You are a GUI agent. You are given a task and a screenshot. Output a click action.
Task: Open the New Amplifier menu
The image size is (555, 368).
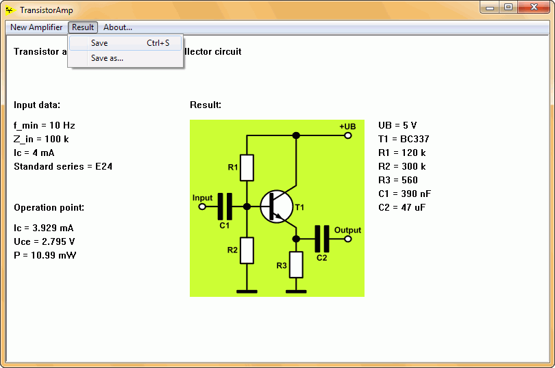[x=36, y=27]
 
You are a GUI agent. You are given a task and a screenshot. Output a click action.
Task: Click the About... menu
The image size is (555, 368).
[x=118, y=27]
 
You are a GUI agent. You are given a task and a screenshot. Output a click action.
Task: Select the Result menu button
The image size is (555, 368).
[x=83, y=27]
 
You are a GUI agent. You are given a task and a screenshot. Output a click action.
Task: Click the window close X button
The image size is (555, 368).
[x=534, y=7]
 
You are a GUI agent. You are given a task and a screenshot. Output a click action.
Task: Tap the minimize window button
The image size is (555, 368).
[x=490, y=7]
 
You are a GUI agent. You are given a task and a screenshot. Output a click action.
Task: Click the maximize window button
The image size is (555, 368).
[x=508, y=7]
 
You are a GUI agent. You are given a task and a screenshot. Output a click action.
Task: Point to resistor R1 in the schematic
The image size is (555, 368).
[x=247, y=168]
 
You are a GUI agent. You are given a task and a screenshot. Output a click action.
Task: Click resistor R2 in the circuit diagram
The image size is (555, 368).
[x=247, y=250]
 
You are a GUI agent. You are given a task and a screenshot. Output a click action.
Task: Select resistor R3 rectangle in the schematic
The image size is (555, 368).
[x=296, y=265]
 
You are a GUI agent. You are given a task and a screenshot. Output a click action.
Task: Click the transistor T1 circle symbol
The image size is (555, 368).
[x=276, y=207]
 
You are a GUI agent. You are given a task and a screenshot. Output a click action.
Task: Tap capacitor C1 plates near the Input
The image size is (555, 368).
[x=225, y=207]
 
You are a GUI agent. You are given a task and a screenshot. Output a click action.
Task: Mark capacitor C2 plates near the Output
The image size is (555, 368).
[x=322, y=239]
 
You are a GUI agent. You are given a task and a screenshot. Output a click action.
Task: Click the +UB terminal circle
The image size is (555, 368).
[x=348, y=135]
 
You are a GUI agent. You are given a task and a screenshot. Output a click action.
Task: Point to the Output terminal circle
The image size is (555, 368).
[x=348, y=239]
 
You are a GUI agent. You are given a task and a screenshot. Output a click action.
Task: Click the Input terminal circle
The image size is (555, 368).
[x=202, y=207]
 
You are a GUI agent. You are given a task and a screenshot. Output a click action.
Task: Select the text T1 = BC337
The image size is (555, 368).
[x=404, y=139]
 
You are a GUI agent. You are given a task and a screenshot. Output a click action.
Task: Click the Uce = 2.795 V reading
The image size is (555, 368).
[x=45, y=241]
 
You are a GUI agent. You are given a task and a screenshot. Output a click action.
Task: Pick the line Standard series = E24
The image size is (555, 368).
[x=63, y=166]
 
